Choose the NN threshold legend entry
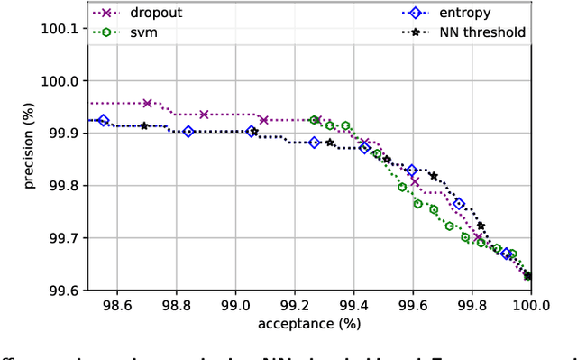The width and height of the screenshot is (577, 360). pos(482,32)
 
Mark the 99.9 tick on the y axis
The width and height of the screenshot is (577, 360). pos(62,133)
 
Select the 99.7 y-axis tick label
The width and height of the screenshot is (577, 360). pos(62,238)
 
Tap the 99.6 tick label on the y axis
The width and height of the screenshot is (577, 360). pos(62,291)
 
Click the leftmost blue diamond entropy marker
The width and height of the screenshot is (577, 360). pos(103,120)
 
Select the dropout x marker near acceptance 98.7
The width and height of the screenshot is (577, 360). pos(147,103)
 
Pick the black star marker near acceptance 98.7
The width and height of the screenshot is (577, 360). pos(144,125)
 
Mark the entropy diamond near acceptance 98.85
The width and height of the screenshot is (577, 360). pos(188,132)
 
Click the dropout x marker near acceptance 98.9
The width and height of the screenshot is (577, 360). pos(204,115)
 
